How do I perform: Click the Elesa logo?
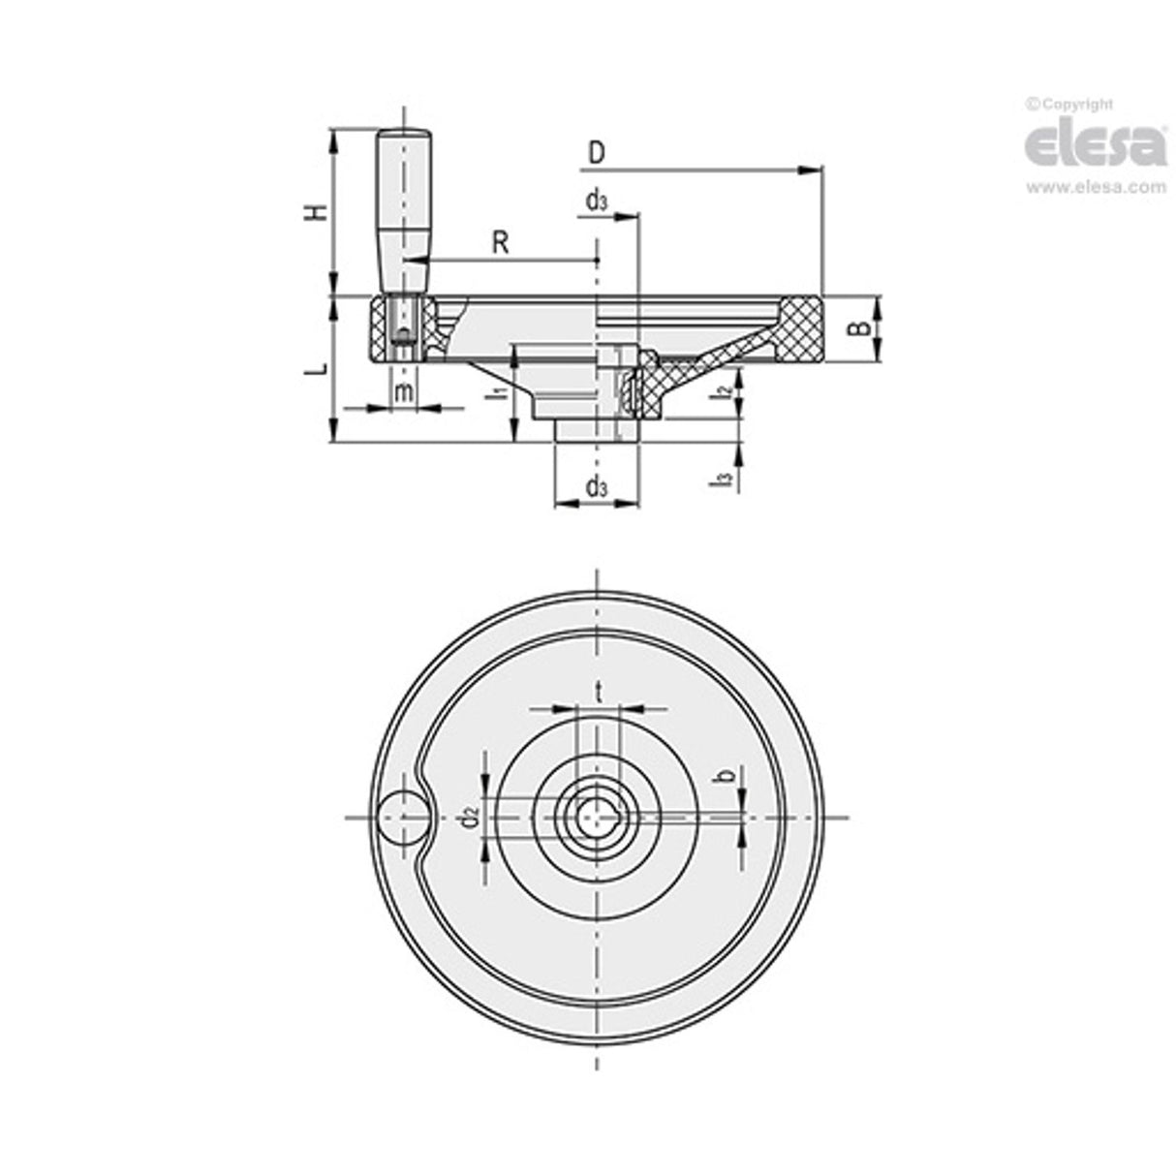click(1095, 147)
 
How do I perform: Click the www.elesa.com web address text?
click(1096, 188)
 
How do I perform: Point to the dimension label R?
click(500, 241)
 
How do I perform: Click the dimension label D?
click(597, 153)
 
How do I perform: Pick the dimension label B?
click(855, 328)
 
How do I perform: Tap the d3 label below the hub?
click(597, 486)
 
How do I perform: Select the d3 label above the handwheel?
click(597, 201)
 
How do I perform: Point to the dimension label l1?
click(495, 392)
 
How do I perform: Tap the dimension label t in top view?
click(600, 692)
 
